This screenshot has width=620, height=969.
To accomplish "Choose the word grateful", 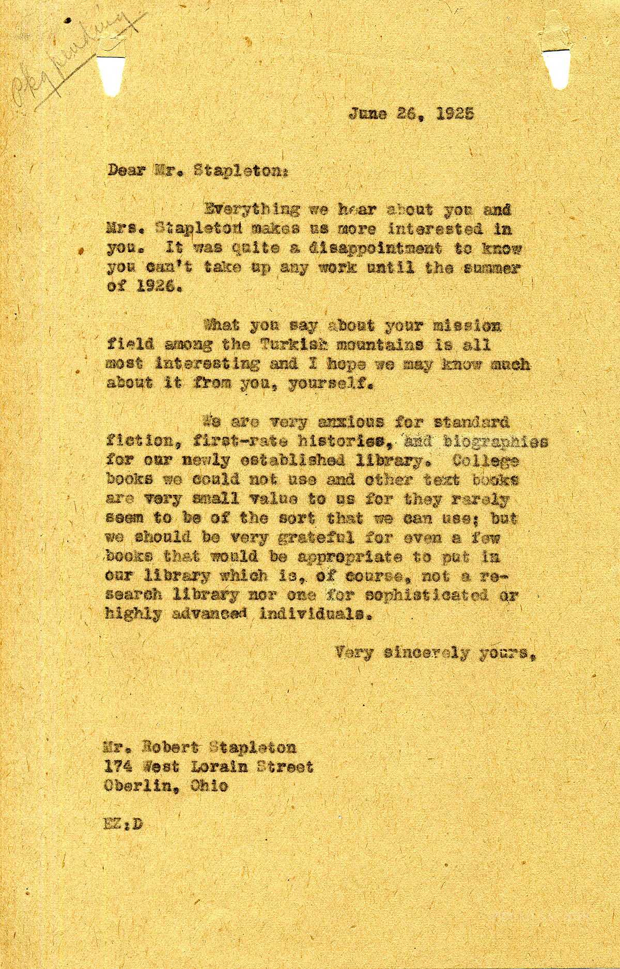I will coord(317,538).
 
